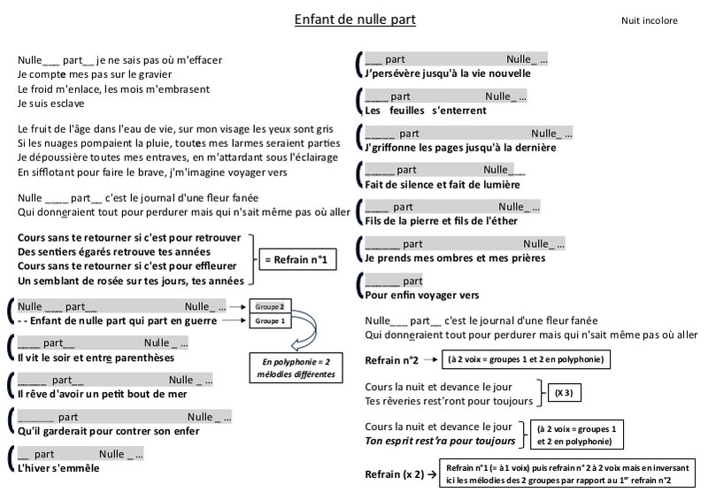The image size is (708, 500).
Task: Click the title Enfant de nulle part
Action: coord(355,19)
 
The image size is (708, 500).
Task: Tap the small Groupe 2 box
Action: coord(270,305)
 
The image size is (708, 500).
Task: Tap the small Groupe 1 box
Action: coord(270,321)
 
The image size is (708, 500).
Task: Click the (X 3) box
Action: coord(563,392)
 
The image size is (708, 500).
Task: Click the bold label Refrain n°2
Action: coord(390,360)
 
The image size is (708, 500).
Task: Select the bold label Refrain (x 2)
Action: coord(394,474)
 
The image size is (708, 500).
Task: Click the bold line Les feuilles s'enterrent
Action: coord(426,111)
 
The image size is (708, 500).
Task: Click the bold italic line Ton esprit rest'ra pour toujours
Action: coord(440,441)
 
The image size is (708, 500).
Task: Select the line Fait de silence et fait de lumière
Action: coord(442,184)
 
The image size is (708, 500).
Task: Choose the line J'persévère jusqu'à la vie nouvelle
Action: coord(448,73)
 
